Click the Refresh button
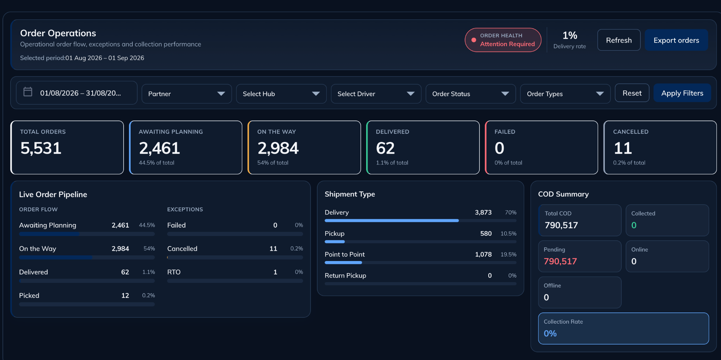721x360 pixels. pyautogui.click(x=619, y=40)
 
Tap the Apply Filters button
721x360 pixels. pyautogui.click(x=682, y=93)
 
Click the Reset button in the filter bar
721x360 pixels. pyautogui.click(x=632, y=93)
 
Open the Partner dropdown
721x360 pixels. pyautogui.click(x=187, y=94)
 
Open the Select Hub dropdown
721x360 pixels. pyautogui.click(x=281, y=94)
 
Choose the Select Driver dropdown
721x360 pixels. pyautogui.click(x=376, y=94)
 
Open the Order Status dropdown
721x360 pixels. pyautogui.click(x=471, y=94)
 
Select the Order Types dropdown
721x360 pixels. pyautogui.click(x=565, y=94)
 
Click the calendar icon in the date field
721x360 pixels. pyautogui.click(x=28, y=92)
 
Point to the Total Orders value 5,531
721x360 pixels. pyautogui.click(x=41, y=148)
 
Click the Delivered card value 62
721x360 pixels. pyautogui.click(x=385, y=148)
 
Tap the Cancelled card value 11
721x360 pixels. pyautogui.click(x=623, y=148)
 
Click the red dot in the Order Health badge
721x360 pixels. pyautogui.click(x=474, y=40)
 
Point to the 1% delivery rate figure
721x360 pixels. pyautogui.click(x=570, y=35)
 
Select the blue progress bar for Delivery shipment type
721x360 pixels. pyautogui.click(x=391, y=221)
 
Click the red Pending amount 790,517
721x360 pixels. pyautogui.click(x=560, y=261)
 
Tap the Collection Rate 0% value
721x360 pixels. pyautogui.click(x=550, y=333)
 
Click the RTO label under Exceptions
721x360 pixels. pyautogui.click(x=174, y=272)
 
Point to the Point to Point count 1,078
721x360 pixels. pyautogui.click(x=483, y=254)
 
